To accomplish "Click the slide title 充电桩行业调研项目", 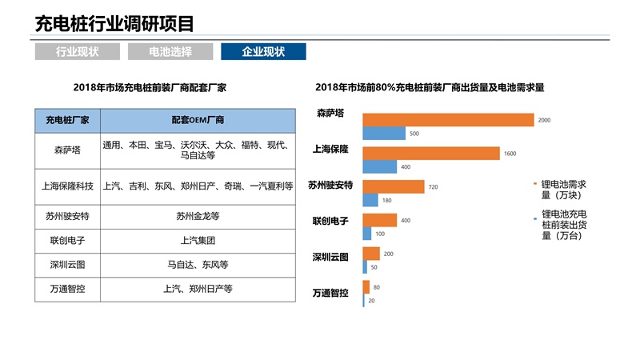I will click(114, 23).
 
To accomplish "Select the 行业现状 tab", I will click(78, 52).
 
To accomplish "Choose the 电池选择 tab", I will click(170, 52).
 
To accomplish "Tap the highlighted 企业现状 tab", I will click(263, 52).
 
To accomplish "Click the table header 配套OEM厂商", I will click(198, 121).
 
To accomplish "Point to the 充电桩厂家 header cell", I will click(67, 121).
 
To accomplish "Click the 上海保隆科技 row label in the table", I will click(67, 186).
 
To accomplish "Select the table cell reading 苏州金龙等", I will click(198, 216).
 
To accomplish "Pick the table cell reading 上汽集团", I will click(198, 240).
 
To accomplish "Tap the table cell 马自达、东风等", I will click(198, 265).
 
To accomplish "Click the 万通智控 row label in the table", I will click(67, 290).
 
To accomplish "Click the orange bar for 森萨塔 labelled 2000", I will click(448, 120).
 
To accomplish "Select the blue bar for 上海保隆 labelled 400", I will click(380, 166).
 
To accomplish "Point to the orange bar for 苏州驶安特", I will click(394, 186).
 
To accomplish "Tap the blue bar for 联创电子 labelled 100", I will click(367, 234).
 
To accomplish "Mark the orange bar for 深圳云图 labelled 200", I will click(371, 254).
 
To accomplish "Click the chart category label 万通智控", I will click(330, 293).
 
